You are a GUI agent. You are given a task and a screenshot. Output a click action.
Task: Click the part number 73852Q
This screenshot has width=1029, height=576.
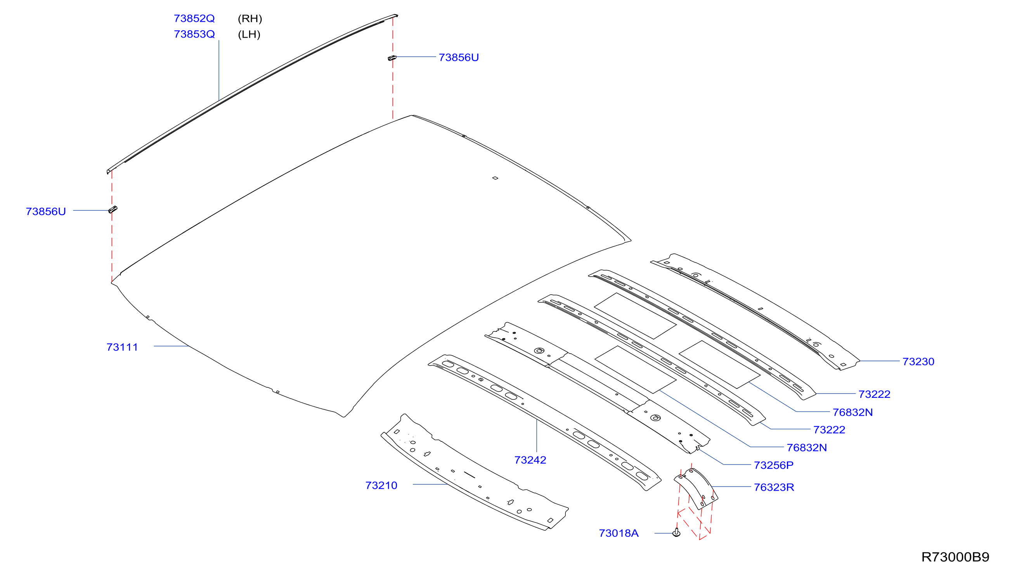[x=194, y=18]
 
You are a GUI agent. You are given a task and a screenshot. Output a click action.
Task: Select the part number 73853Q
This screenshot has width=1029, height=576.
[x=194, y=34]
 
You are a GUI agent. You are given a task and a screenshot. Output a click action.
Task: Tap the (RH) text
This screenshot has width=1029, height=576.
[x=249, y=18]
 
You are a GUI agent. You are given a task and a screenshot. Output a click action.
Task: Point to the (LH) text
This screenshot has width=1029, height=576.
[x=249, y=34]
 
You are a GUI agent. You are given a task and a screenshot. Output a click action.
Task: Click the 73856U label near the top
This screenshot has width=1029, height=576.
[x=459, y=57]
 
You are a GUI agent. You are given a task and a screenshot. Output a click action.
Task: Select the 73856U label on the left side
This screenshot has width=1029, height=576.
[x=45, y=211]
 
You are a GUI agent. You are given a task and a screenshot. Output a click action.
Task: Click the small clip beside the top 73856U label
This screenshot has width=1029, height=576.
[x=392, y=58]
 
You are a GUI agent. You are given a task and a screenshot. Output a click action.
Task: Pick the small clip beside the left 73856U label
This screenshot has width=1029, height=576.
[x=113, y=209]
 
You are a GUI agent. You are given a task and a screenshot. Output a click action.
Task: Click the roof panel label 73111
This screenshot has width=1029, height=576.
[x=122, y=347]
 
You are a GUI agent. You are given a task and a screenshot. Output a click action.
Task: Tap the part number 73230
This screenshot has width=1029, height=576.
[x=918, y=361]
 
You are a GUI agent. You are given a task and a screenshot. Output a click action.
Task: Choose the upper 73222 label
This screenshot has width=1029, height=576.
[x=874, y=394]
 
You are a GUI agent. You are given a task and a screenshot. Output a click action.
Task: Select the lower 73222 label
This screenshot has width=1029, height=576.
[x=829, y=430]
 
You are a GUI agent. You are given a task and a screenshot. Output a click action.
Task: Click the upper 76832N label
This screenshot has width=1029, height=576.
[x=852, y=412]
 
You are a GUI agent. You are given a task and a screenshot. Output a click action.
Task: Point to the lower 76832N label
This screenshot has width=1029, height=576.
[x=807, y=447]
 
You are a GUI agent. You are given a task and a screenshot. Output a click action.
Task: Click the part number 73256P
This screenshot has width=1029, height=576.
[x=773, y=465]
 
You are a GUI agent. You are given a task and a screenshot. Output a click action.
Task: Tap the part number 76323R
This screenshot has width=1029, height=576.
[x=774, y=487]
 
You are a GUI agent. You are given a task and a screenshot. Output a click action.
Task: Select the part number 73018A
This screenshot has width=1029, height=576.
[x=618, y=533]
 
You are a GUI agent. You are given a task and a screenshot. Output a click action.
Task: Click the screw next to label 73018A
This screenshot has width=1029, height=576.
[x=676, y=533]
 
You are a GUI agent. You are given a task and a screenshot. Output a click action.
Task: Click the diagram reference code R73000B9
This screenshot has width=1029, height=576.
[x=955, y=557]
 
